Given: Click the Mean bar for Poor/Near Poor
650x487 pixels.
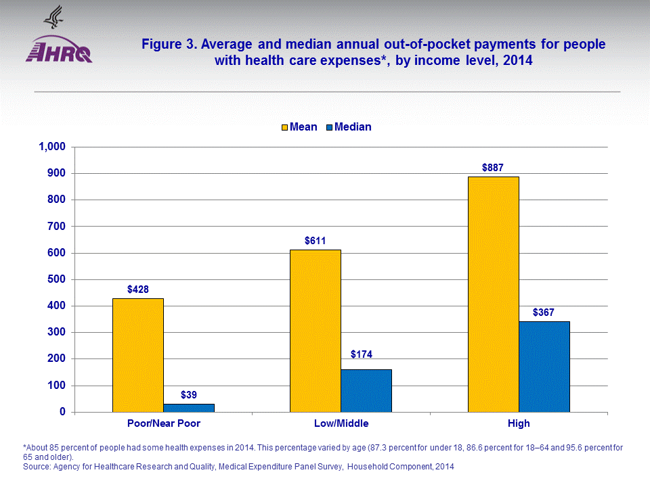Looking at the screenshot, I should [x=137, y=355].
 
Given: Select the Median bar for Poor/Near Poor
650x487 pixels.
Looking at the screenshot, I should [x=188, y=408].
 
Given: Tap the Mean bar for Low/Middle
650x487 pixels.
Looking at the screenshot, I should [x=315, y=331].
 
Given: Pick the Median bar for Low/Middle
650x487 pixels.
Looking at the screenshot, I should [x=366, y=390].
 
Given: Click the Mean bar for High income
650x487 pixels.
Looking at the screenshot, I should [x=493, y=294].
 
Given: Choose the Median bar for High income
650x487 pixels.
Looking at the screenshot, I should [x=544, y=367].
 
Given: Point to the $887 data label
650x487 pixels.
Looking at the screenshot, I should [x=493, y=166].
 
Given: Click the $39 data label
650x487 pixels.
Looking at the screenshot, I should [x=189, y=394].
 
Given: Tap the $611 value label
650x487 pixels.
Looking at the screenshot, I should [x=315, y=239].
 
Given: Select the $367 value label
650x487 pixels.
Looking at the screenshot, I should [x=544, y=312].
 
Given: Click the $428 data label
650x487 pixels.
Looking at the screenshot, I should [x=137, y=289].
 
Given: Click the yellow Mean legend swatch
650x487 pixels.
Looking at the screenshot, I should [x=284, y=127].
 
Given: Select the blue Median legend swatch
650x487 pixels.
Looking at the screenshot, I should [x=329, y=127].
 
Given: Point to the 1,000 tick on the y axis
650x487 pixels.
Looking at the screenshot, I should [x=51, y=147].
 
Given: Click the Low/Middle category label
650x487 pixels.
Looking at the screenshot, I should [x=341, y=424].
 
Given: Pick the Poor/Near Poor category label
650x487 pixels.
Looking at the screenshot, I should [x=163, y=424].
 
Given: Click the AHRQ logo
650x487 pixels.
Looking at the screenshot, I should [x=59, y=47].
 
